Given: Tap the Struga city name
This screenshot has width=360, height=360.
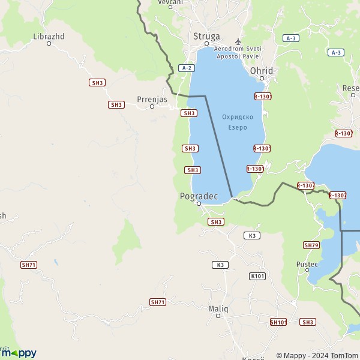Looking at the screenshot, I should tap(206, 36).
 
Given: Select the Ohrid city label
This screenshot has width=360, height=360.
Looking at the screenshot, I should tap(262, 71).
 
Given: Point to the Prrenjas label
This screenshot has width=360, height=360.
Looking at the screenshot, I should tap(152, 99).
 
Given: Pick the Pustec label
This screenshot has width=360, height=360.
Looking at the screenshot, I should tap(306, 264).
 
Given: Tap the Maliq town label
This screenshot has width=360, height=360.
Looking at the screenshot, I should tap(218, 308).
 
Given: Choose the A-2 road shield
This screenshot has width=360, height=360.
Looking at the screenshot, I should tap(187, 68).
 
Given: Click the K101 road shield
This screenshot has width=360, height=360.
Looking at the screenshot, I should tap(257, 276).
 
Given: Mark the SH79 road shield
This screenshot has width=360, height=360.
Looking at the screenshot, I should tap(311, 245).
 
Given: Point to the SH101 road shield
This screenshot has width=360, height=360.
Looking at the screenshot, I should tap(278, 322).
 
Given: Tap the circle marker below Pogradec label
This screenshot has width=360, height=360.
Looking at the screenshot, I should tap(199, 204).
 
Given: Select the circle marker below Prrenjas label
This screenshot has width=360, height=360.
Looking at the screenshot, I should tap(152, 107).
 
